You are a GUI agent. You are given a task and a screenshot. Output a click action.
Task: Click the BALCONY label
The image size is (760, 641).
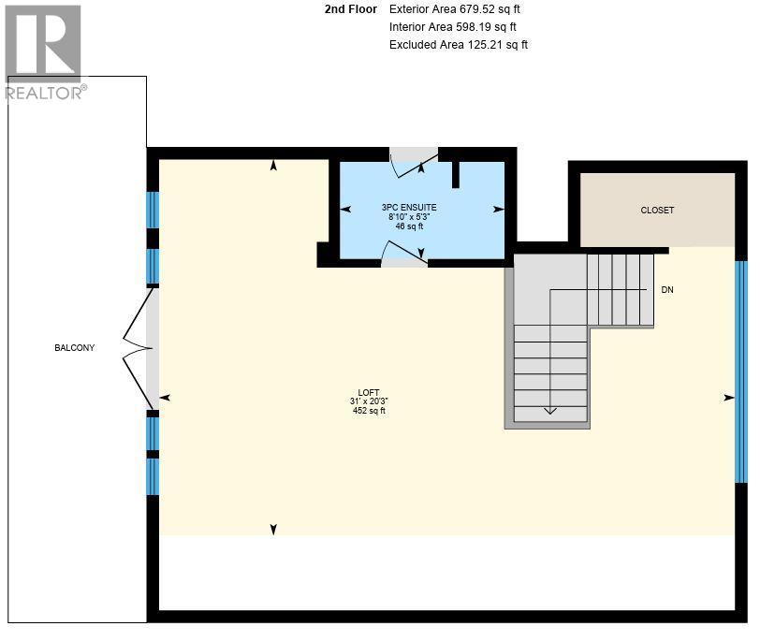pos(74,348)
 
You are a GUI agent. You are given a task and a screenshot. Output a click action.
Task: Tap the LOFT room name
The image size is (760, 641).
pos(369,392)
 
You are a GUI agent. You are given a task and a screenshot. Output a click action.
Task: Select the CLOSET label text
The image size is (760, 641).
pos(657,211)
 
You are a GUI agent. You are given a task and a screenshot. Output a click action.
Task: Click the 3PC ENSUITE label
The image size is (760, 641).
pos(408,207)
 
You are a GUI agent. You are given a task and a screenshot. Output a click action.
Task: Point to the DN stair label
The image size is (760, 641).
pos(667,290)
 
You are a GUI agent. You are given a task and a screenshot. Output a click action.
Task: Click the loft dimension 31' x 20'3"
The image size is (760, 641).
pos(369,401)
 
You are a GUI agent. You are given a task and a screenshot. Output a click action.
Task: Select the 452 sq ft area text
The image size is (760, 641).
pos(369,411)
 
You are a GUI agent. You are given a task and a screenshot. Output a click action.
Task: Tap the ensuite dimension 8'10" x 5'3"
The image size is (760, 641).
pos(408,216)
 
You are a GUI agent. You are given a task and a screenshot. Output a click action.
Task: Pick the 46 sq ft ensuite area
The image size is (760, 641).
pos(408,226)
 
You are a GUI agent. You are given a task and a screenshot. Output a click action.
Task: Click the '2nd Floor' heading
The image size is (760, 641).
pos(350,9)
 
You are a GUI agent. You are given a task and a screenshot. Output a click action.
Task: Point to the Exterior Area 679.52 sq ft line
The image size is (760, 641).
pos(452,9)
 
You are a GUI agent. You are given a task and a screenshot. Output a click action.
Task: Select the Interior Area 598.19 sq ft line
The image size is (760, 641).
pos(452,27)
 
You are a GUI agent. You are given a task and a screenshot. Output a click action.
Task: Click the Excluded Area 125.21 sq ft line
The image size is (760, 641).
pos(458,45)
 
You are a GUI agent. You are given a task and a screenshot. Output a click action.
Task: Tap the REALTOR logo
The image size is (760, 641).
pos(44,52)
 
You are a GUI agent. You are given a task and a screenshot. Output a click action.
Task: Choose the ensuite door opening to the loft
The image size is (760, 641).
pos(404,253)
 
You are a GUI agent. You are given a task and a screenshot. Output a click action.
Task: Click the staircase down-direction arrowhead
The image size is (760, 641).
pos(550,410)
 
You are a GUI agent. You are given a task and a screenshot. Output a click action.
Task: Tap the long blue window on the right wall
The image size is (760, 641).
pos(740,371)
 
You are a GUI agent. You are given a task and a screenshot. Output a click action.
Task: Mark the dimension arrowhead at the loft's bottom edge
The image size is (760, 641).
pos(273,530)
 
